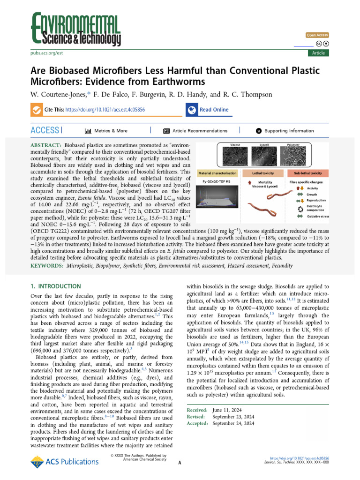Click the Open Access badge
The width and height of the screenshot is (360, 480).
click(317, 35)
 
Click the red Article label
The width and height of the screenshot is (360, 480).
click(318, 53)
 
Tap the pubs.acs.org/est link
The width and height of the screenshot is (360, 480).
click(47, 53)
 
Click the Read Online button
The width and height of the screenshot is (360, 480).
click(214, 110)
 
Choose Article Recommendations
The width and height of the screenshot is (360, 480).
click(200, 131)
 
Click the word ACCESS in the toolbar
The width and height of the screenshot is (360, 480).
click(45, 130)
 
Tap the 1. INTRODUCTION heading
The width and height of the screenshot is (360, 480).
click(55, 286)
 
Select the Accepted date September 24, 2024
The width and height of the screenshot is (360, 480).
click(233, 423)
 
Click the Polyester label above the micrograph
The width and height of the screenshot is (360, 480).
click(293, 145)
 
